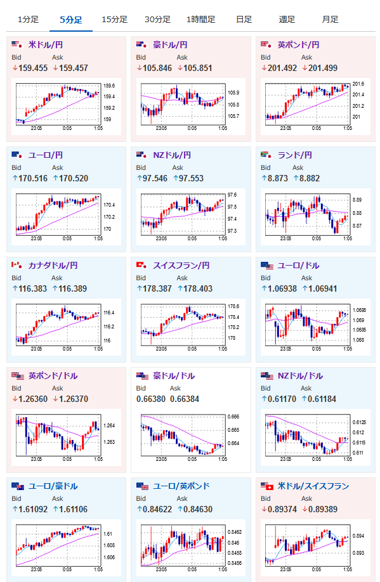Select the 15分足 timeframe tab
(114, 19)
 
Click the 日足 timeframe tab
(244, 19)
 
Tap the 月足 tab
(330, 19)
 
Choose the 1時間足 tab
(200, 19)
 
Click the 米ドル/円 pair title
(45, 45)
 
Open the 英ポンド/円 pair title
(298, 45)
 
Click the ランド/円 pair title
(294, 155)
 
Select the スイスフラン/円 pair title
(181, 266)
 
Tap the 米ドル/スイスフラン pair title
(313, 486)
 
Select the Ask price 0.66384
(185, 399)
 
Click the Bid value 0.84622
(157, 509)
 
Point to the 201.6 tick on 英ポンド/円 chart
(358, 84)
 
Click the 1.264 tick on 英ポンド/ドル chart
(109, 425)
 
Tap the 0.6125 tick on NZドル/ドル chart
(359, 422)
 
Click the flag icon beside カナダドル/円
(16, 265)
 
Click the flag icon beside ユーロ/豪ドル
(18, 486)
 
